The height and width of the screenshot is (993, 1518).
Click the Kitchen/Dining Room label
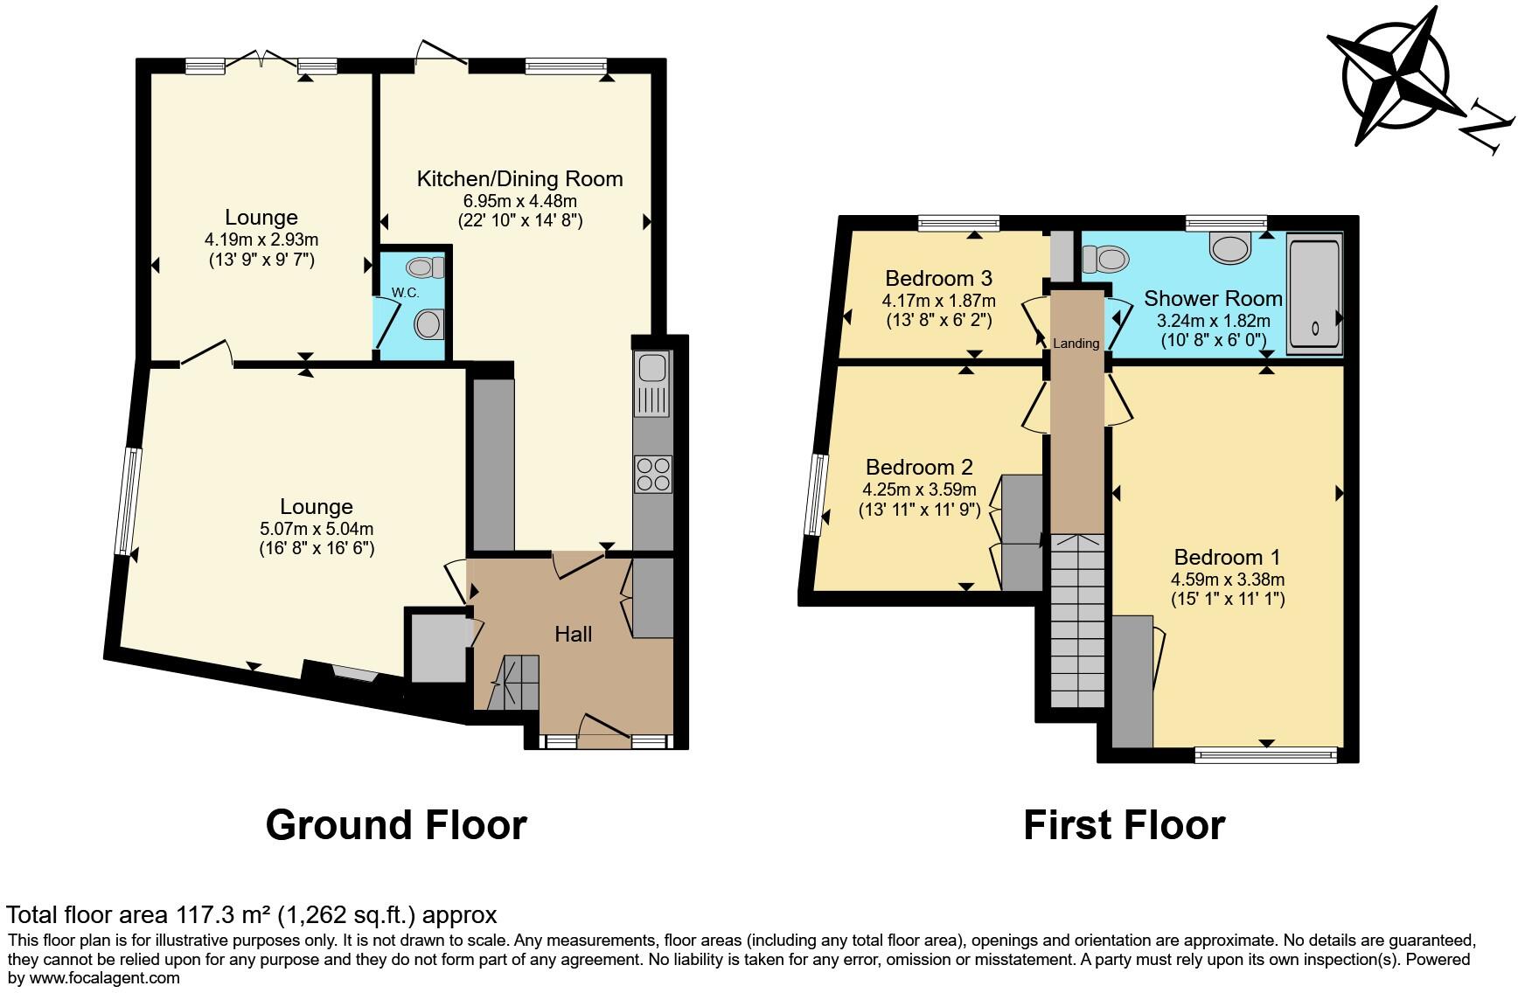pyautogui.click(x=519, y=179)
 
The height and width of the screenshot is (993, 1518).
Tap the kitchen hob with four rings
pyautogui.click(x=653, y=474)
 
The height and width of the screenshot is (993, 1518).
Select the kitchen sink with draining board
pyautogui.click(x=652, y=385)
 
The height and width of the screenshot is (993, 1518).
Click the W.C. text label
pyautogui.click(x=405, y=293)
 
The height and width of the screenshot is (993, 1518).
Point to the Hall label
pyautogui.click(x=573, y=635)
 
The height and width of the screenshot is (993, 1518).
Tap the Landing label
pyautogui.click(x=1076, y=344)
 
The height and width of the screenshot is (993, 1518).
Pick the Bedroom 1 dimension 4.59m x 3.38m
pyautogui.click(x=1228, y=579)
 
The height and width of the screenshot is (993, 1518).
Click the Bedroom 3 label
pyautogui.click(x=938, y=279)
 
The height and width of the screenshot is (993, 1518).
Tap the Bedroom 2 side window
pyautogui.click(x=817, y=494)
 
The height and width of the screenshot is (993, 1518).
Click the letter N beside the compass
pyautogui.click(x=1488, y=128)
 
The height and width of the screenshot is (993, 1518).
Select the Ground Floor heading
pyautogui.click(x=396, y=824)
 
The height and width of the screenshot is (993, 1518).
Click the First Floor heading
pyautogui.click(x=1124, y=824)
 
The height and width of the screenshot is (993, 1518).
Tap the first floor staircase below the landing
pyautogui.click(x=1077, y=621)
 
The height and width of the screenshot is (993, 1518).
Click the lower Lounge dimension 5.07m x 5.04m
pyautogui.click(x=317, y=529)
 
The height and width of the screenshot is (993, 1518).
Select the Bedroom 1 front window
pyautogui.click(x=1265, y=754)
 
